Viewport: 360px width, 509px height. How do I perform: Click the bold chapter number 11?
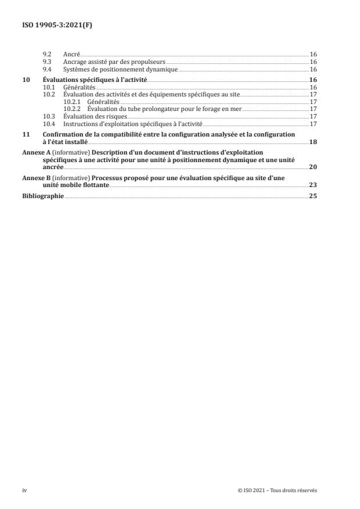(26, 134)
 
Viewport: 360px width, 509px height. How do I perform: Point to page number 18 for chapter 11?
(313, 141)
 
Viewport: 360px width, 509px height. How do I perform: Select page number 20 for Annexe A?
(313, 166)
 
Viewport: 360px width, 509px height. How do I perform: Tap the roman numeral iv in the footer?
(24, 490)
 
